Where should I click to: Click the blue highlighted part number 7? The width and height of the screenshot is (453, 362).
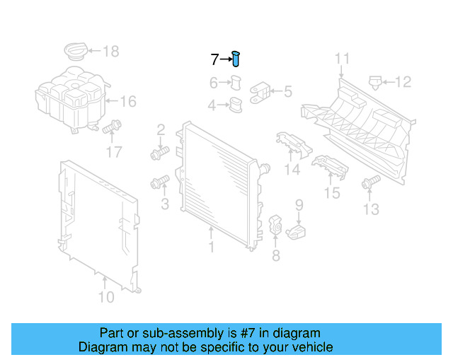(236, 59)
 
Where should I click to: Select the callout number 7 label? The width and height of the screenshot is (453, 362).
(214, 59)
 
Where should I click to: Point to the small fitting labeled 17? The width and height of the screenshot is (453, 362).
(110, 129)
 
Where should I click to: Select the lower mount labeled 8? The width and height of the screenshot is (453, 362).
(275, 226)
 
